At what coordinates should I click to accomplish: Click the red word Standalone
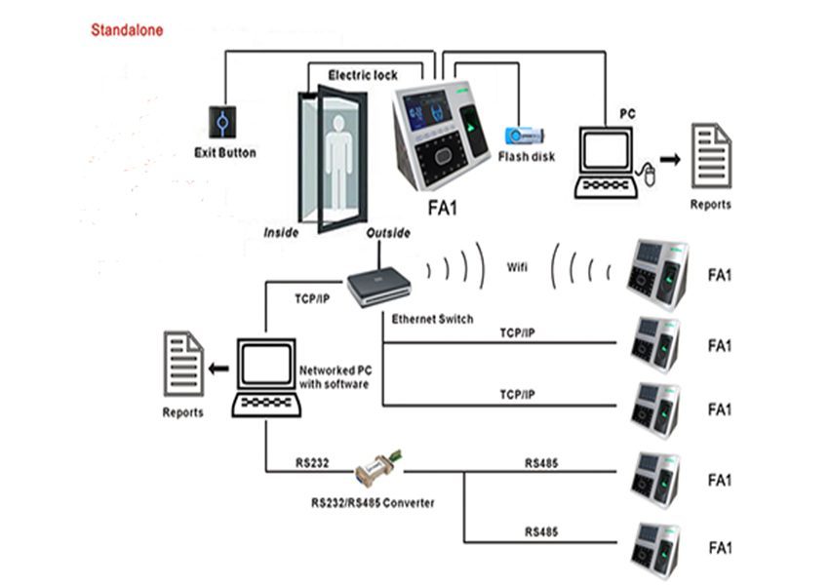(x=127, y=30)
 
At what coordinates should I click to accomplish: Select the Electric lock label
(x=362, y=75)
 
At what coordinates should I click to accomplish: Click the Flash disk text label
(x=527, y=156)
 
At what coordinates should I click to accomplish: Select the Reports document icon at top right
(x=711, y=155)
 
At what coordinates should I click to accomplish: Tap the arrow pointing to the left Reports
(x=219, y=369)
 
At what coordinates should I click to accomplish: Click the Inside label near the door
(x=282, y=233)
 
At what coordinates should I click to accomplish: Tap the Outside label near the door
(x=387, y=233)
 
